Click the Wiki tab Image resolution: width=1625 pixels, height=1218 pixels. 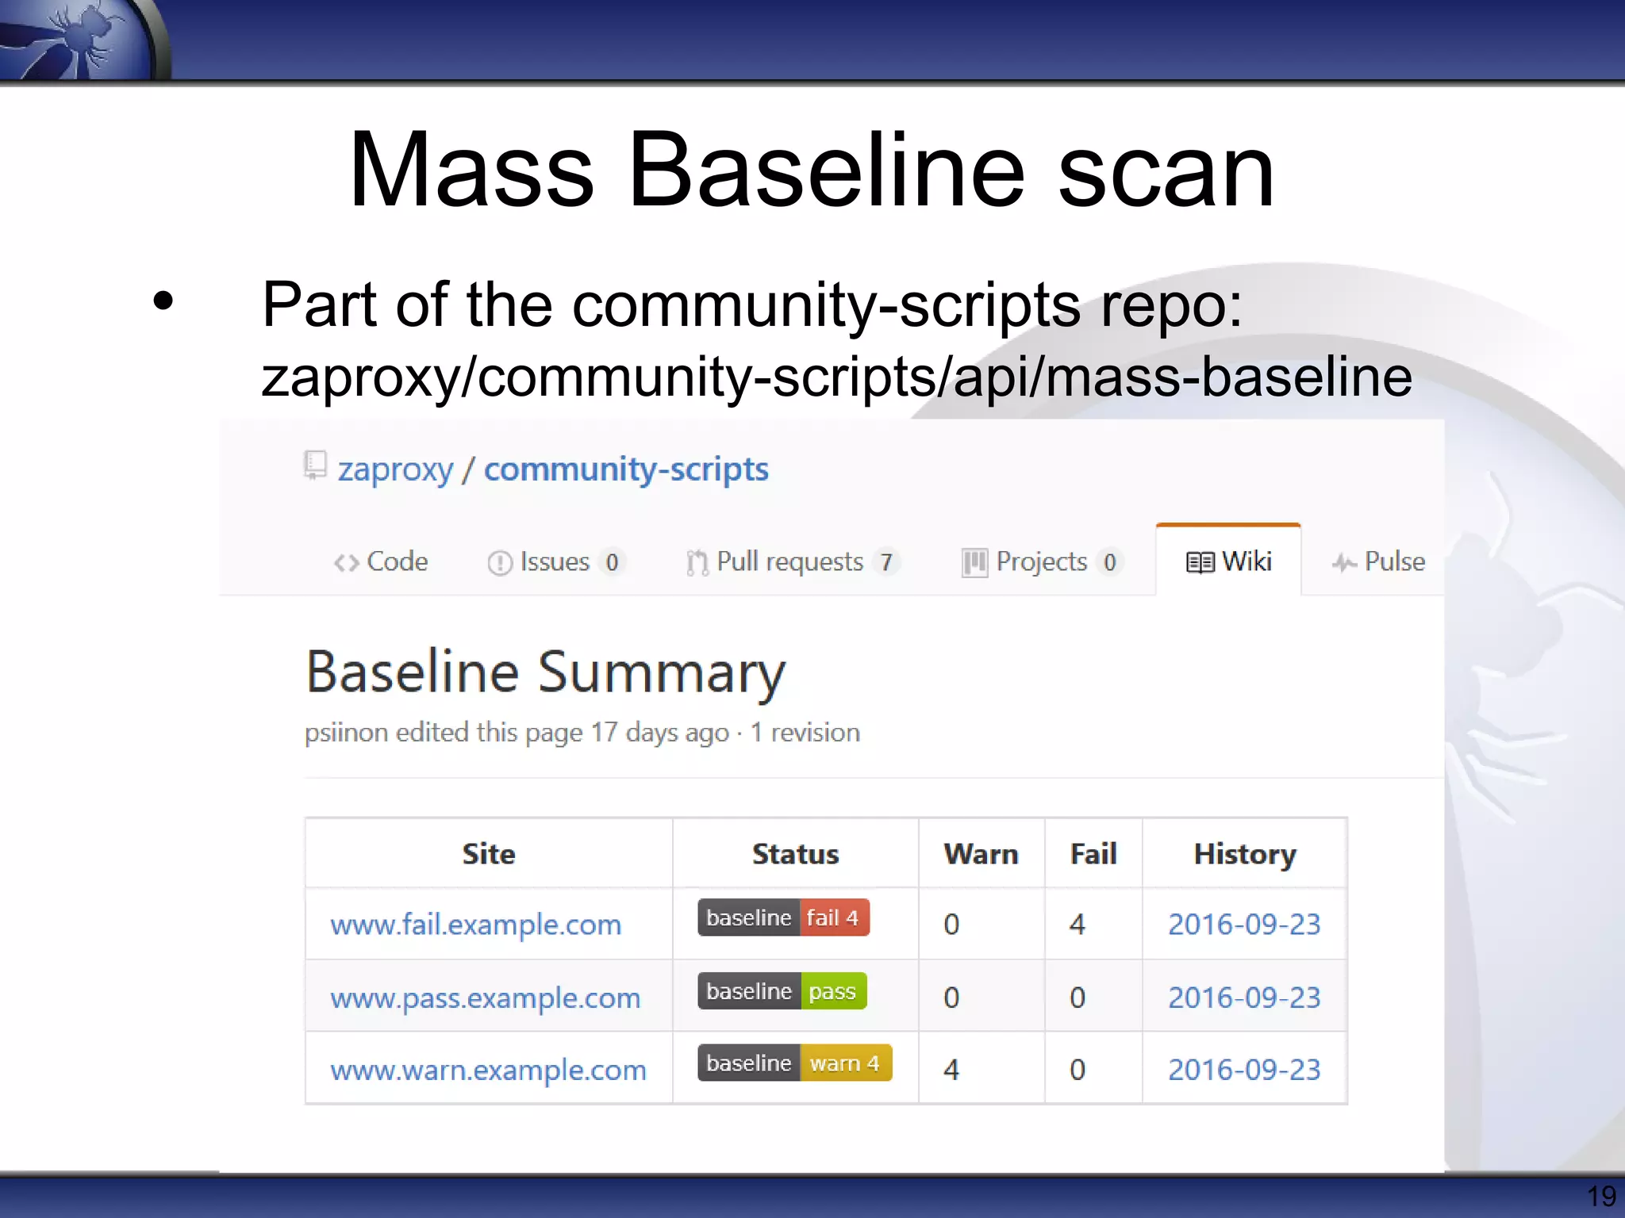(x=1228, y=561)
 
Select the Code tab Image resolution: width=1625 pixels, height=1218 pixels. (x=381, y=561)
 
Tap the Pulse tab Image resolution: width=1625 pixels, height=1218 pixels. (x=1379, y=561)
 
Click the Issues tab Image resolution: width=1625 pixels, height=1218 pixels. (x=554, y=561)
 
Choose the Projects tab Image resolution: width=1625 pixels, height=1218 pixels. (x=1040, y=561)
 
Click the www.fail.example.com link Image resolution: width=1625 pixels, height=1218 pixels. (x=475, y=924)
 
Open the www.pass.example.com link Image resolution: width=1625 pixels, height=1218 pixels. (x=485, y=997)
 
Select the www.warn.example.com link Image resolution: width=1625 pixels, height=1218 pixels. (x=488, y=1070)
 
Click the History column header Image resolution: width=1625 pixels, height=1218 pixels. (x=1244, y=854)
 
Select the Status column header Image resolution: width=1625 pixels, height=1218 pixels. (x=795, y=854)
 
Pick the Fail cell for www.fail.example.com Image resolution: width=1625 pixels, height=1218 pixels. (x=1077, y=924)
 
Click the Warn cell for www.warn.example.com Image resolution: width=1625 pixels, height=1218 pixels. (x=951, y=1070)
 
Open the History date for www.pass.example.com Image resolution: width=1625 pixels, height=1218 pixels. (x=1243, y=997)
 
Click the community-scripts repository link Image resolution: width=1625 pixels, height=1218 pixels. (x=626, y=469)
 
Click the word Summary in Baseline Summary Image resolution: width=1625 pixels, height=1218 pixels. (x=662, y=672)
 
